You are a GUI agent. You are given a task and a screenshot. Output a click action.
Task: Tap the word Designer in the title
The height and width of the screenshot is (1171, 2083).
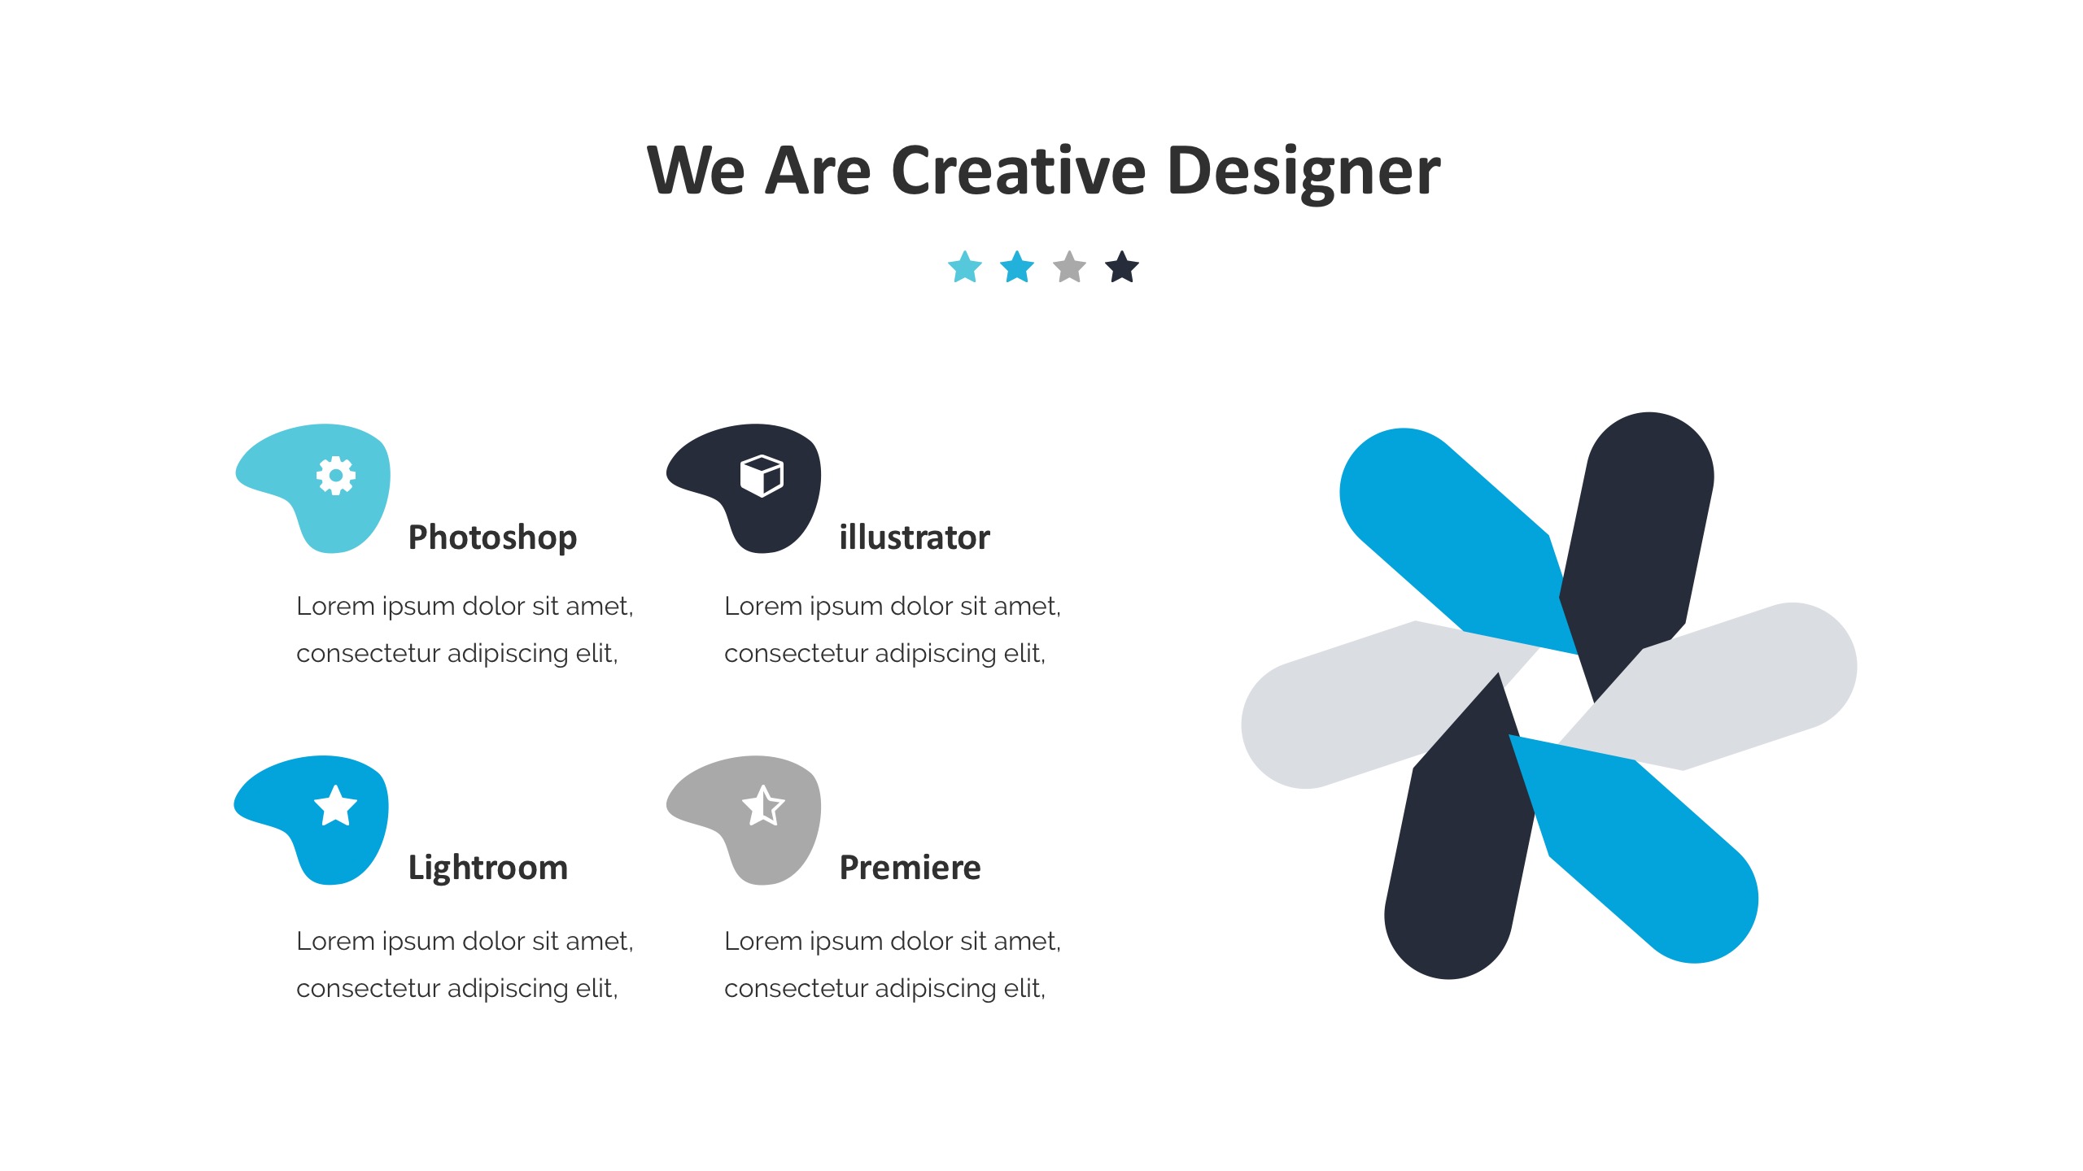(1304, 172)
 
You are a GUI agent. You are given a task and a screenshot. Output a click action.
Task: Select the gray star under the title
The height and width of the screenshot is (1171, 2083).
(1069, 267)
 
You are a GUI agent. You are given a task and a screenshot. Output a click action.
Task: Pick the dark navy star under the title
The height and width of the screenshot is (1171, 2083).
(1122, 267)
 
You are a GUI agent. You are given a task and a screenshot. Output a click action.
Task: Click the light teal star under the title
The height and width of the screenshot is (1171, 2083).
(965, 267)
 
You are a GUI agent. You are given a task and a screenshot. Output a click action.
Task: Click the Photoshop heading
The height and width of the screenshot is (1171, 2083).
(492, 538)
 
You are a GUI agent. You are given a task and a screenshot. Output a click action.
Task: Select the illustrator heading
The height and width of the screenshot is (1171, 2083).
(915, 538)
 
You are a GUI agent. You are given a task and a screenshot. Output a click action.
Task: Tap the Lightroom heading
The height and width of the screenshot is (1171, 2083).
(488, 868)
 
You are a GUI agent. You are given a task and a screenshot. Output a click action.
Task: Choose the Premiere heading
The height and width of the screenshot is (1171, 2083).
(910, 868)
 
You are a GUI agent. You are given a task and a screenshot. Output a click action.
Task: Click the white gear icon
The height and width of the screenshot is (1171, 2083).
(336, 476)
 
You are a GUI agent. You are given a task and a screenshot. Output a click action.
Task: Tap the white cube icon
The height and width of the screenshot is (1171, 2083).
(762, 476)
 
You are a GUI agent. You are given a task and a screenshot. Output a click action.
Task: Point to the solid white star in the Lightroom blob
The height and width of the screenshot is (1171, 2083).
(336, 806)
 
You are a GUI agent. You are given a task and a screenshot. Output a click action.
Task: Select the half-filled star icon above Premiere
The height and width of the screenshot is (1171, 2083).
(763, 806)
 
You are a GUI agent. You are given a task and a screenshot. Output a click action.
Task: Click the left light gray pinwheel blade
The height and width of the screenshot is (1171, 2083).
(1367, 707)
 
